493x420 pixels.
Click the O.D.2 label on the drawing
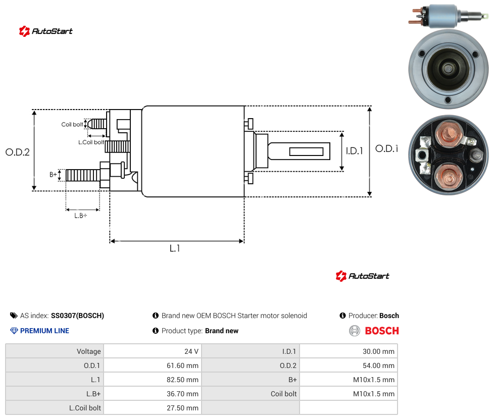(18, 152)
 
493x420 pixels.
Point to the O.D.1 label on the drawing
(386, 148)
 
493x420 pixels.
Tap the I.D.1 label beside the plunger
(355, 151)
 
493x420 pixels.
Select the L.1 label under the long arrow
(175, 248)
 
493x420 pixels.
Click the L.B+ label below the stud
(81, 216)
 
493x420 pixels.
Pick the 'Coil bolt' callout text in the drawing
(72, 124)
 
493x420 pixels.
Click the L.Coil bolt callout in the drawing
(91, 142)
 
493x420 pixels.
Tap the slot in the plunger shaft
(306, 152)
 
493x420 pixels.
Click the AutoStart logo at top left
(46, 31)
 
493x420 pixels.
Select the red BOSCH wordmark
(382, 331)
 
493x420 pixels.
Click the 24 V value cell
(153, 351)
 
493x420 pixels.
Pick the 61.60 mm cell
(153, 365)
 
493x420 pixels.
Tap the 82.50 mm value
(182, 380)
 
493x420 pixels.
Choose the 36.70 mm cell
(153, 394)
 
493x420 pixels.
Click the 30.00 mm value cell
(349, 351)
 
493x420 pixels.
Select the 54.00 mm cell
(349, 365)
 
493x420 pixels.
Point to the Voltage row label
(89, 351)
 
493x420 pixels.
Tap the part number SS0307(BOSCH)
(77, 316)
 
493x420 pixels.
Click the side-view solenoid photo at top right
(448, 16)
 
